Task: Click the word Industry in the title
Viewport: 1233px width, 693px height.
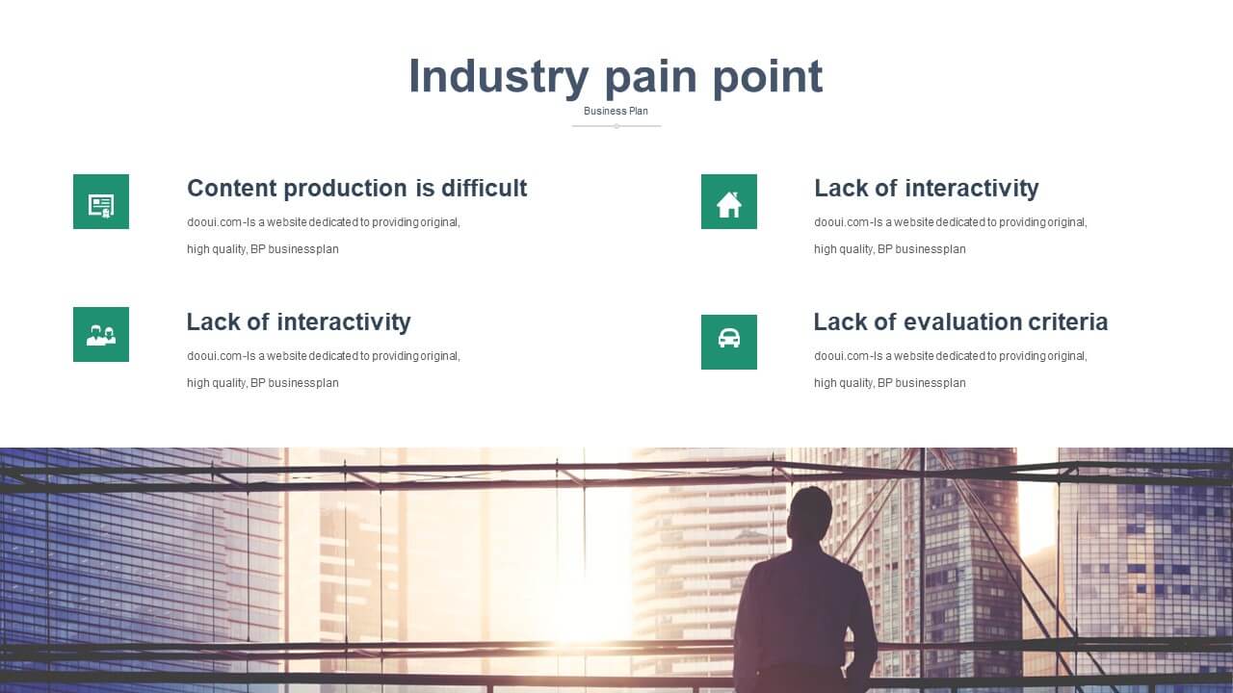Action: [499, 76]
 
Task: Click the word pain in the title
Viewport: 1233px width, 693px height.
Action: [651, 76]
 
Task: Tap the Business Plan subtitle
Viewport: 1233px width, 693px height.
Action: [616, 111]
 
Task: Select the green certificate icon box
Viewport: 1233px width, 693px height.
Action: [101, 201]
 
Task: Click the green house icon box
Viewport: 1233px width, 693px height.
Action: [729, 201]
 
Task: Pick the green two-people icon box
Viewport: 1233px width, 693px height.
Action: [101, 334]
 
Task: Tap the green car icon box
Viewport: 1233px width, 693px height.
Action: [729, 342]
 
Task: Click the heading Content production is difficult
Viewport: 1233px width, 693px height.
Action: [356, 188]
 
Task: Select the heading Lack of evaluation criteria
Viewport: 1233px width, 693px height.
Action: [960, 321]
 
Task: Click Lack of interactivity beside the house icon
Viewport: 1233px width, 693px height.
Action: [927, 188]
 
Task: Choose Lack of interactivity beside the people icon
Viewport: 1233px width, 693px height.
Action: [299, 321]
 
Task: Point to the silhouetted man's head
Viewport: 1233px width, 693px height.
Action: [809, 511]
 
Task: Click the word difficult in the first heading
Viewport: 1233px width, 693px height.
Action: [485, 188]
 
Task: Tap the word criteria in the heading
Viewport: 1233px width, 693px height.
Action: [1068, 321]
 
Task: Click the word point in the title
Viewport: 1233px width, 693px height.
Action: [768, 76]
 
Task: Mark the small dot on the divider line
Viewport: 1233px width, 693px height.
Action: [616, 126]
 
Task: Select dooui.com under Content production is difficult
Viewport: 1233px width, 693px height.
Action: [214, 222]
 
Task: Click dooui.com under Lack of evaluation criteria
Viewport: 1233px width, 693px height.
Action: [841, 356]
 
